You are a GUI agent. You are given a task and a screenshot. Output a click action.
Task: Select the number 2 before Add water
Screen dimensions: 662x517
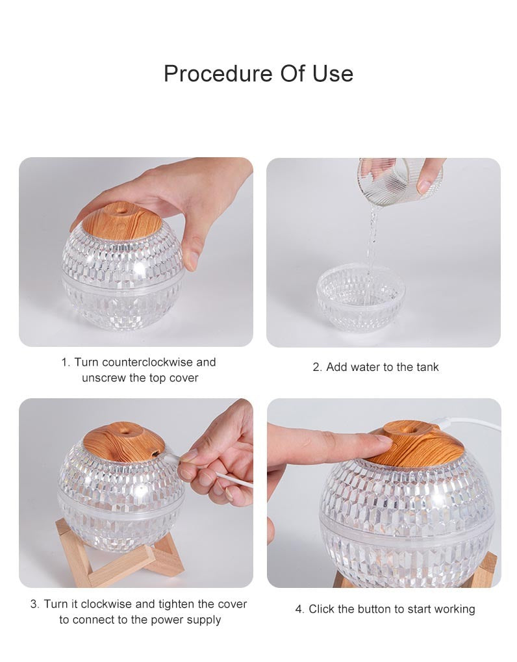click(316, 367)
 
